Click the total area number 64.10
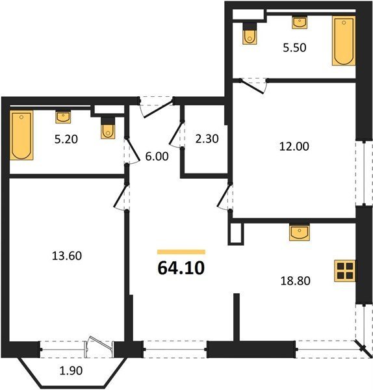(181, 268)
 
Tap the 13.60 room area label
(67, 255)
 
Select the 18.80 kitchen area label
(296, 281)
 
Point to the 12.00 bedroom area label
(294, 146)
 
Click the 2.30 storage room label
(207, 139)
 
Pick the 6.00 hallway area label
(157, 157)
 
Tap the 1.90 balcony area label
(71, 370)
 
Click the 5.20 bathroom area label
(66, 139)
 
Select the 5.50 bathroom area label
(294, 47)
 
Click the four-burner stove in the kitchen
(344, 271)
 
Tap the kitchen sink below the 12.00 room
(300, 232)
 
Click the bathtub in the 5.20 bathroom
(21, 135)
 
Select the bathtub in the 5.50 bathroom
(344, 41)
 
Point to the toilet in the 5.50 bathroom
(250, 34)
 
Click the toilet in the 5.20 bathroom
(108, 128)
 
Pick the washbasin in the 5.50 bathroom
(300, 23)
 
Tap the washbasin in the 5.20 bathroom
(63, 117)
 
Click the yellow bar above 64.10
(181, 252)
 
